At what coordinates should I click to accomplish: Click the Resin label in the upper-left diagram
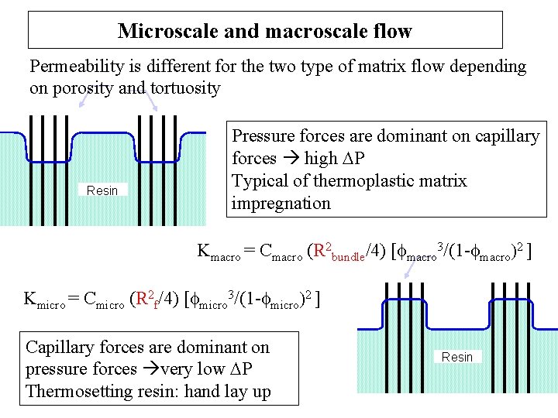pos(102,190)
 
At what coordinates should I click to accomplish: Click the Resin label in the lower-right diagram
pos(456,357)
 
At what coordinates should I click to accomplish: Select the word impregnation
pos(281,204)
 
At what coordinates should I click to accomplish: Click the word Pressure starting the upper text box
pos(266,136)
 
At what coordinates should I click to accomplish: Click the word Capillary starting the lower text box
pos(60,348)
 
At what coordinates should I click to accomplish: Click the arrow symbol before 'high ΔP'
pos(291,159)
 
